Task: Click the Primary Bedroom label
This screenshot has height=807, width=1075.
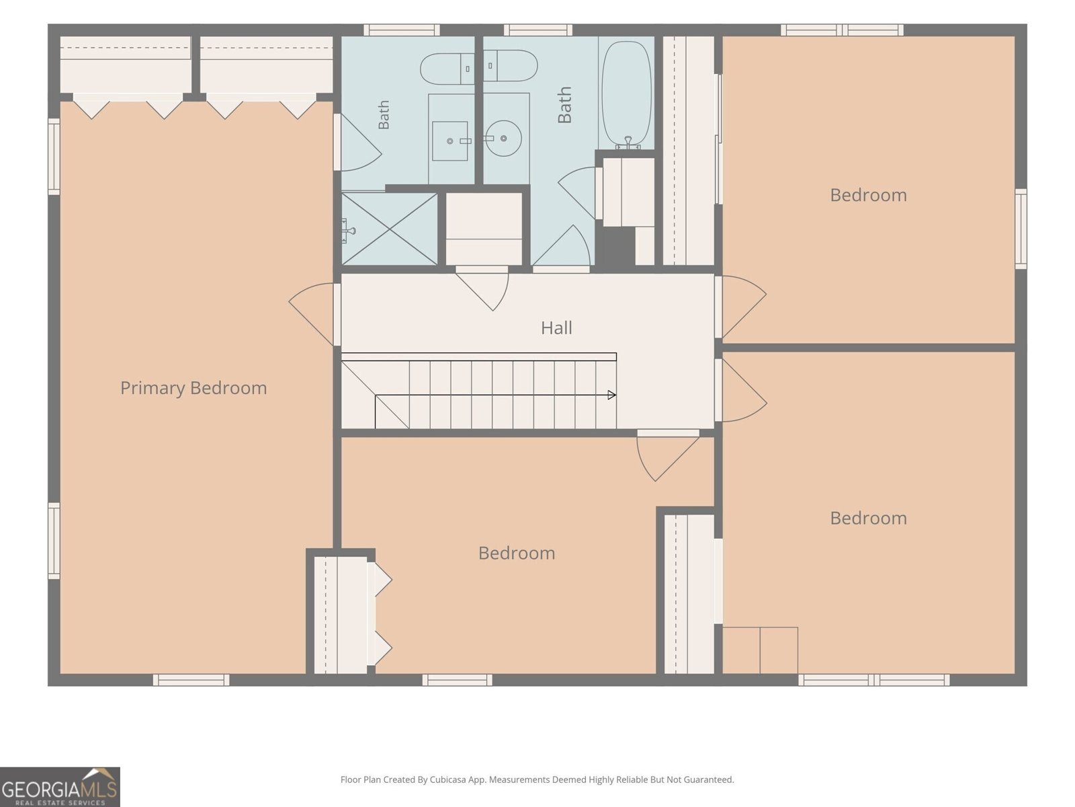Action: coord(193,388)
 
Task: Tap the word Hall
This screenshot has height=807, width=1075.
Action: coord(556,328)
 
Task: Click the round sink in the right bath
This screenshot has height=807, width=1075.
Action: coord(504,139)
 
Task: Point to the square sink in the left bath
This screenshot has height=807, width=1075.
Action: coord(450,141)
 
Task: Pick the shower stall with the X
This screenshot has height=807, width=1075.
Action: coord(389,229)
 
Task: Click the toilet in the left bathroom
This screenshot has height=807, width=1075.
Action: coord(447,69)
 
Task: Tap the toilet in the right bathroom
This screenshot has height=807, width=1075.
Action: coord(511,66)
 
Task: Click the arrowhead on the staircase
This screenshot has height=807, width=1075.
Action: coord(611,395)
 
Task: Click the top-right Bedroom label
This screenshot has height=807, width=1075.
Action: coord(868,195)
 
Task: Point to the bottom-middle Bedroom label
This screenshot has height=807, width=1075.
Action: coord(517,553)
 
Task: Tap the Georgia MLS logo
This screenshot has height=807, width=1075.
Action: coord(60,787)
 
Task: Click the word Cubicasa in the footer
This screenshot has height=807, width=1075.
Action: coord(448,779)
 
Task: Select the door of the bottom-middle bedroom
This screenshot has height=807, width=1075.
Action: coord(667,455)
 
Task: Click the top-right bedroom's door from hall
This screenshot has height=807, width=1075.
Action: coord(740,307)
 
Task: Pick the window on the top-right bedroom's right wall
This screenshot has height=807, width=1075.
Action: coord(1021,229)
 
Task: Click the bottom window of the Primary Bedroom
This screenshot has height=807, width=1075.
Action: coord(191,680)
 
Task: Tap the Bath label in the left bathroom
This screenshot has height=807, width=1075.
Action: coord(384,114)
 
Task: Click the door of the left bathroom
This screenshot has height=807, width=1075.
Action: coord(358,142)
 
